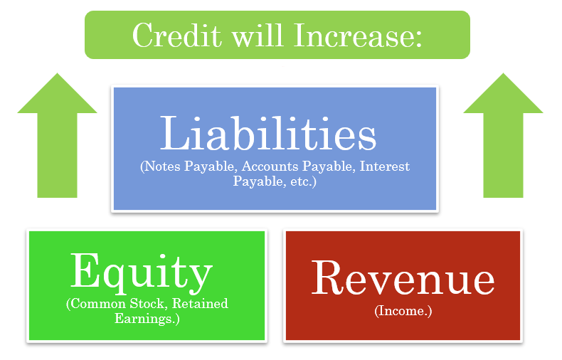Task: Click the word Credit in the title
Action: (177, 35)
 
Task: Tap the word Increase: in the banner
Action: (358, 35)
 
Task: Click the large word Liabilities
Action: (268, 132)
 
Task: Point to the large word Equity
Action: (142, 273)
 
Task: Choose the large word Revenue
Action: (403, 277)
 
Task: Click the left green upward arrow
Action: (57, 135)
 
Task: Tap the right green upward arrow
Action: (503, 135)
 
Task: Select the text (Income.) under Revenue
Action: (403, 310)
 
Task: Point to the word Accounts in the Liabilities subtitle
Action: (270, 166)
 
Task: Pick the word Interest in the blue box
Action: (385, 166)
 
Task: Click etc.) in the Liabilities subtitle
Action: (303, 181)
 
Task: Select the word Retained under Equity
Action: (200, 304)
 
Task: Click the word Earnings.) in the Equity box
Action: (147, 319)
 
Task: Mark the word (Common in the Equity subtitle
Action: (96, 304)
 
